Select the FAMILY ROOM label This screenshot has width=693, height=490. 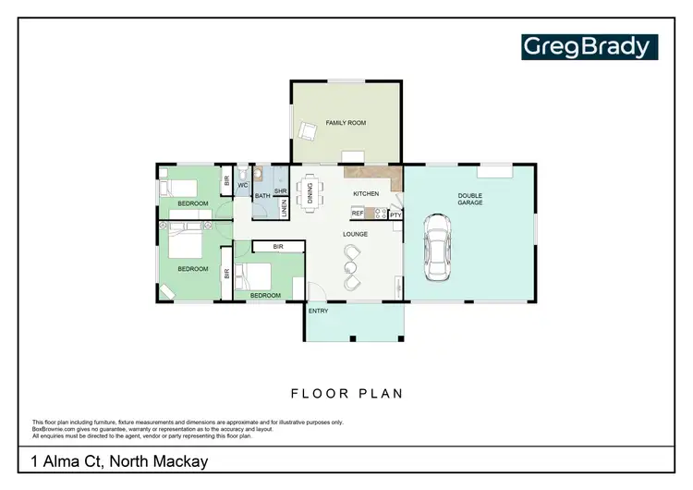pyautogui.click(x=346, y=122)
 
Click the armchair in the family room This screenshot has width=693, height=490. pyautogui.click(x=307, y=131)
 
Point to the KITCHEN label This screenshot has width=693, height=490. pyautogui.click(x=366, y=193)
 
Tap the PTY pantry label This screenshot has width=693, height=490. pyautogui.click(x=395, y=214)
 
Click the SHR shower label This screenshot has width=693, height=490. pyautogui.click(x=281, y=191)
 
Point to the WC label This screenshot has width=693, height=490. pyautogui.click(x=243, y=186)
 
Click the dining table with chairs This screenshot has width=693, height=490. pyautogui.click(x=310, y=192)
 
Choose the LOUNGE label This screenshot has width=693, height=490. pyautogui.click(x=356, y=234)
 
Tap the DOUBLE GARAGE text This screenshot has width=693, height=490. pyautogui.click(x=469, y=199)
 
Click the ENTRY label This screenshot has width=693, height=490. pyautogui.click(x=318, y=311)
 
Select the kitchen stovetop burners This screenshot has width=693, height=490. pyautogui.click(x=379, y=214)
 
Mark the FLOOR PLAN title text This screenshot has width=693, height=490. pyautogui.click(x=346, y=393)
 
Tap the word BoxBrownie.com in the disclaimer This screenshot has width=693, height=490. pyautogui.click(x=53, y=427)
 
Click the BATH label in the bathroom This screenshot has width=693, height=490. pyautogui.click(x=262, y=195)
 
